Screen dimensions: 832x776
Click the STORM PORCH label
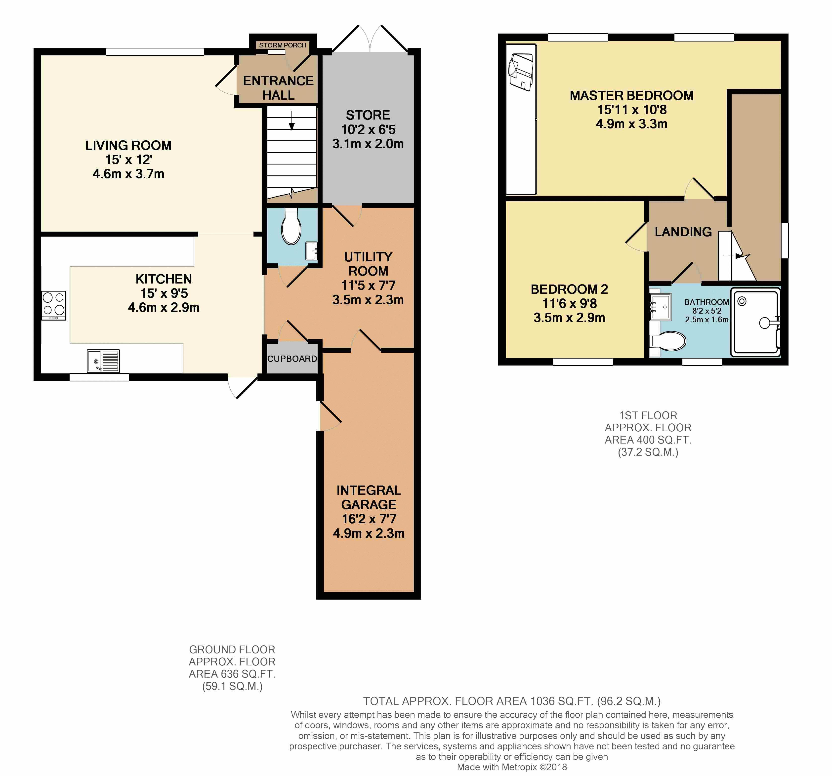(283, 45)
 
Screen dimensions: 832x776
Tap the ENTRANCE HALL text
(278, 88)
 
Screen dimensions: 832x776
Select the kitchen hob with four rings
(54, 305)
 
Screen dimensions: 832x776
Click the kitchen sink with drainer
(103, 361)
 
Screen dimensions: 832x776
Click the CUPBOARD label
(292, 359)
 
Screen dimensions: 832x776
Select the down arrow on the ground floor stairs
(292, 120)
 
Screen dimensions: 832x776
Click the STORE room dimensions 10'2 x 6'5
(368, 129)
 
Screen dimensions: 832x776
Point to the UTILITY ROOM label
(368, 264)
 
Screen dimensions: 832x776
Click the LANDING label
(683, 232)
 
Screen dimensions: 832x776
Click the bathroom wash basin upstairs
(660, 307)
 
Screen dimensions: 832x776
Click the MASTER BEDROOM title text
(631, 95)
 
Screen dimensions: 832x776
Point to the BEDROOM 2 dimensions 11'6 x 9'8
(570, 303)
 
